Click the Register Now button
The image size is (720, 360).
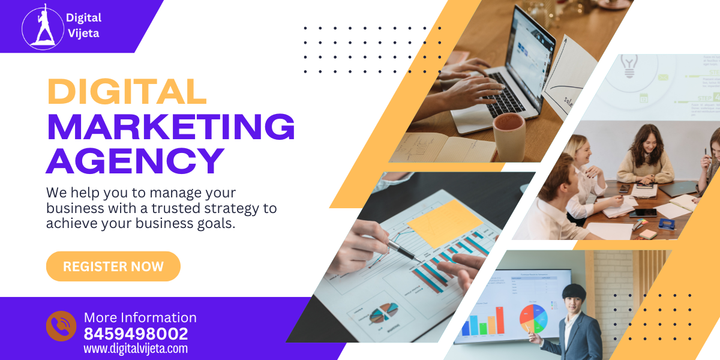click(x=113, y=266)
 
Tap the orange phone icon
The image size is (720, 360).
click(x=61, y=326)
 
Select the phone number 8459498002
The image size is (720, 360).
click(x=136, y=334)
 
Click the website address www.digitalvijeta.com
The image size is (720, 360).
click(x=136, y=349)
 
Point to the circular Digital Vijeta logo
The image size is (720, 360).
click(x=42, y=26)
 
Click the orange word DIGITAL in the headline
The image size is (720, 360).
click(x=127, y=92)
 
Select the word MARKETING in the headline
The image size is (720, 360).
click(x=171, y=127)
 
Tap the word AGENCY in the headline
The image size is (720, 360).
click(x=136, y=161)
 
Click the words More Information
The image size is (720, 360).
click(x=140, y=317)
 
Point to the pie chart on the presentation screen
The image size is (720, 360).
click(x=533, y=319)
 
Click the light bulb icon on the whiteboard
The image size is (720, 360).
click(x=629, y=65)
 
